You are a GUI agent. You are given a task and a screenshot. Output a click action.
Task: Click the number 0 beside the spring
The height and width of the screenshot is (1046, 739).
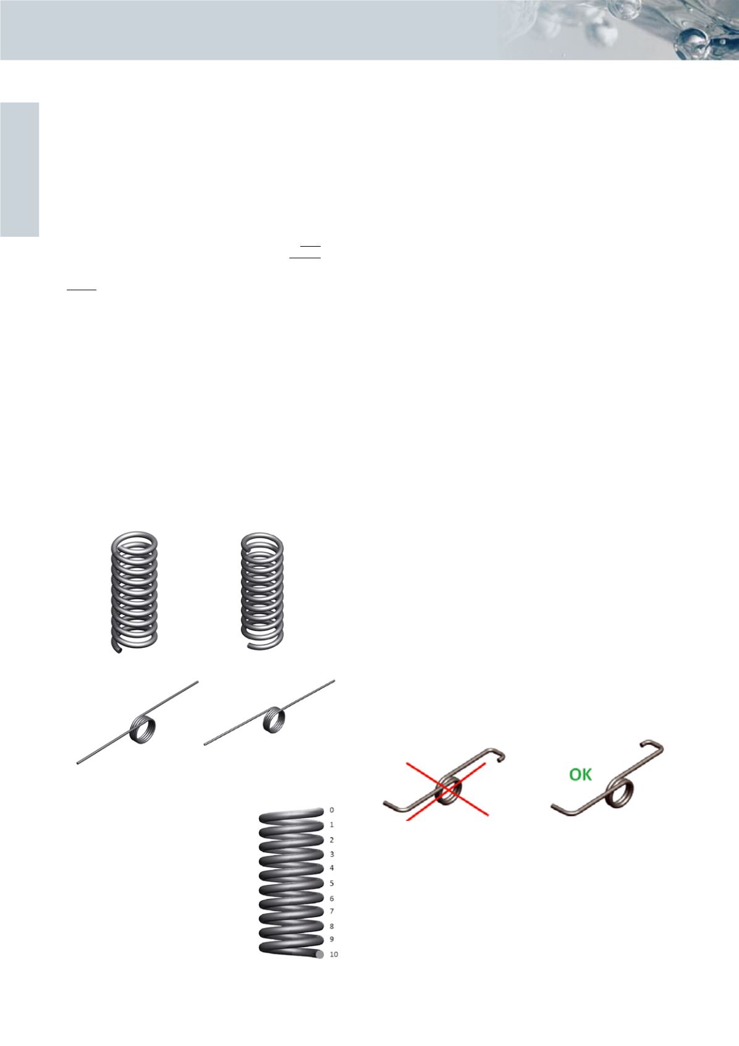[x=332, y=810]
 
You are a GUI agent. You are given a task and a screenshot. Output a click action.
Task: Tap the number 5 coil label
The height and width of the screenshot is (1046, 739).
[x=332, y=883]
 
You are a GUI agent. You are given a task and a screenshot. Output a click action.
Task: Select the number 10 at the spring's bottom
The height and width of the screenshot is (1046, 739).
[x=334, y=955]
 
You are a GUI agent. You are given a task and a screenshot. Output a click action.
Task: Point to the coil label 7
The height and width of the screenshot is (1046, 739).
[x=332, y=911]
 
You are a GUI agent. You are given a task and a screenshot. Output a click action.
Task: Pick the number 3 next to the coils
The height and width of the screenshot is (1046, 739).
[x=332, y=854]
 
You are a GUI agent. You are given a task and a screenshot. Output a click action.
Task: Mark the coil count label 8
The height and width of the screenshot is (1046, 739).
[x=332, y=926]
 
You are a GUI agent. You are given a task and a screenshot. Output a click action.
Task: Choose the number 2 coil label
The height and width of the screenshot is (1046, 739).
[x=332, y=840]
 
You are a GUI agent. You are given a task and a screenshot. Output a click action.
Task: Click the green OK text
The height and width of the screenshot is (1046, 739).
[x=580, y=775]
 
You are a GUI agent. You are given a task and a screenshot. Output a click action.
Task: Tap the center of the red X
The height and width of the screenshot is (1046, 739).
[x=447, y=789]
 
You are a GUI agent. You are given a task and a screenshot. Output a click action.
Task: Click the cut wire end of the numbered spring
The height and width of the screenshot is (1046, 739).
[x=319, y=955]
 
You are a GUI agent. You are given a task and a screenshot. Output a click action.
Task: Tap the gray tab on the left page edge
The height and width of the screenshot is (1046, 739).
[x=20, y=169]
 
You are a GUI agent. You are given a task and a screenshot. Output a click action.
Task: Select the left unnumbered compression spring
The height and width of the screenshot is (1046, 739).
[x=135, y=592]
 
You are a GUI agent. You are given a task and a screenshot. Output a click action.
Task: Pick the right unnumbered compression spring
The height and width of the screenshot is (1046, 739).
[x=263, y=591]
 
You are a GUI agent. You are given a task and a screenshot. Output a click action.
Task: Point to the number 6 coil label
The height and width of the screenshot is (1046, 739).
[x=332, y=898]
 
